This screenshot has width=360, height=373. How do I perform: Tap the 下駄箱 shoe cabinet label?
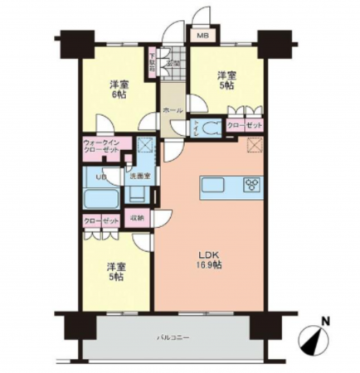click(153, 63)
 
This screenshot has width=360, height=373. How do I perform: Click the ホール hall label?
click(172, 110)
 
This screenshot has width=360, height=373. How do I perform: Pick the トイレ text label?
click(195, 128)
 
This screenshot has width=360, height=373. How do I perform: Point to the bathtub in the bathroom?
click(101, 199)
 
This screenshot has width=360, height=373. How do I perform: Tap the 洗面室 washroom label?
click(138, 176)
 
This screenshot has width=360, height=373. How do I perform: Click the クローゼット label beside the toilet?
click(245, 125)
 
